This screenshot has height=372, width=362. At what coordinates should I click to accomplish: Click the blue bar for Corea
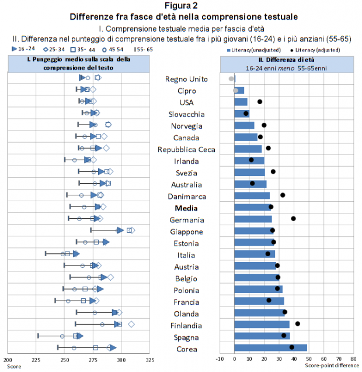click(x=270, y=348)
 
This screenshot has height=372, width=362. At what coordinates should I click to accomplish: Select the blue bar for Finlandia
click(x=262, y=325)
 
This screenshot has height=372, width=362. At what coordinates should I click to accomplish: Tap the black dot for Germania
click(x=293, y=219)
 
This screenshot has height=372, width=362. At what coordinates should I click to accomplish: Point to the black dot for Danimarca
click(x=283, y=195)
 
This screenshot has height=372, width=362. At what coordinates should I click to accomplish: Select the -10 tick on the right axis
click(x=220, y=359)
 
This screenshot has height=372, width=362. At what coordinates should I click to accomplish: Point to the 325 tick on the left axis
click(x=151, y=360)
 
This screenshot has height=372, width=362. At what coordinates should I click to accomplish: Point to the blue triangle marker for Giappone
click(x=120, y=230)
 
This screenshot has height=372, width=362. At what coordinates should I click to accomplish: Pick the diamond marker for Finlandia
click(x=131, y=324)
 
